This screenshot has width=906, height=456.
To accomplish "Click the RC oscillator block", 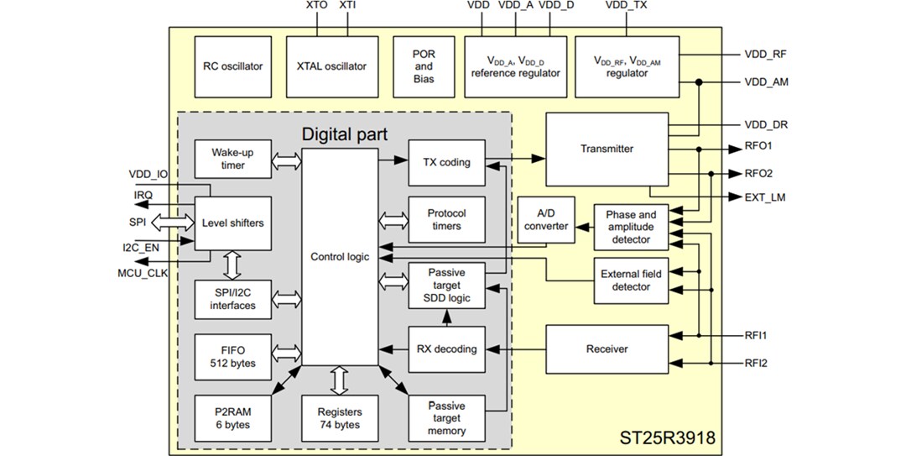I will [232, 66].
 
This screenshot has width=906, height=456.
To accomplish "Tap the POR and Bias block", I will [424, 66].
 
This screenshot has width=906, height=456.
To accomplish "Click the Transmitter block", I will [607, 149].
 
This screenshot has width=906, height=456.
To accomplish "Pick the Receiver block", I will [607, 349].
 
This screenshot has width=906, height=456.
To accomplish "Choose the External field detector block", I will [631, 280].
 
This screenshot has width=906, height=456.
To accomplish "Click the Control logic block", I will [340, 256].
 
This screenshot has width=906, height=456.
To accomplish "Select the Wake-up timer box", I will [233, 160].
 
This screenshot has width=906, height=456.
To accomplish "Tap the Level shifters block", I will [233, 223].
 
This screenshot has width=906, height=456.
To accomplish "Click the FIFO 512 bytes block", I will [233, 357].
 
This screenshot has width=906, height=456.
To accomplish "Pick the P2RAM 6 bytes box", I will [233, 418].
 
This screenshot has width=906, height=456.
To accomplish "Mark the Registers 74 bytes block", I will [340, 418].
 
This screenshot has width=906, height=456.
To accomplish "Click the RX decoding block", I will [446, 349].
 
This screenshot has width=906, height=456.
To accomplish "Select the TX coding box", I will [446, 162].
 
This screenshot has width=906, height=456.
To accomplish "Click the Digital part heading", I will [346, 133].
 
